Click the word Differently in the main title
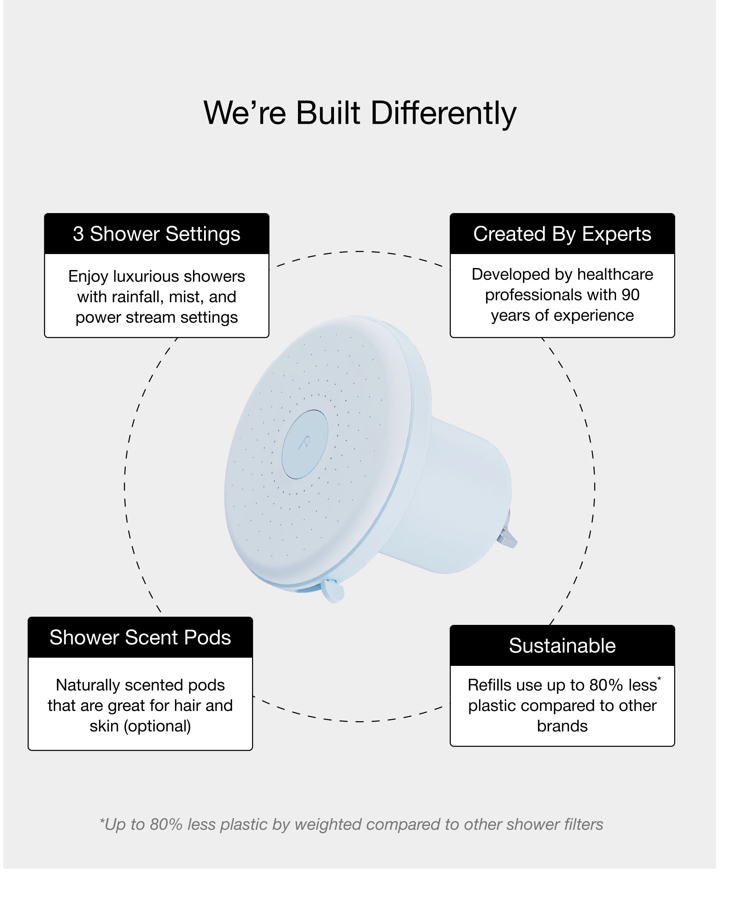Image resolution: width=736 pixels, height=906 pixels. pos(443,114)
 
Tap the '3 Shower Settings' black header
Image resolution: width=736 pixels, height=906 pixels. pos(157,234)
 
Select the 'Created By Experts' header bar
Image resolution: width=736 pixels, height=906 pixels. pos(562,234)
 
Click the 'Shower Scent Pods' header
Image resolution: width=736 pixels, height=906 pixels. pos(140,637)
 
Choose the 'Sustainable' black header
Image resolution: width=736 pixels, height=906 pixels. pos(562,645)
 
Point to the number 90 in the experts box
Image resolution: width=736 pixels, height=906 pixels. pos(630,295)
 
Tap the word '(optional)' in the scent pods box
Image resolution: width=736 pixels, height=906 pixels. pos(157,726)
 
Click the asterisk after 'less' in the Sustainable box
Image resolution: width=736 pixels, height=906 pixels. pos(659,679)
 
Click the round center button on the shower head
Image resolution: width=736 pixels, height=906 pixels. pos(305,444)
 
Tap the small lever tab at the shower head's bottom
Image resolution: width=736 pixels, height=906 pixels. pos(333,591)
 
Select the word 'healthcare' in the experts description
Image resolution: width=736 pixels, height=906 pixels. pos(615,274)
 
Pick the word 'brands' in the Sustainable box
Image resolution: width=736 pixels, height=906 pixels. pos(562,726)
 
